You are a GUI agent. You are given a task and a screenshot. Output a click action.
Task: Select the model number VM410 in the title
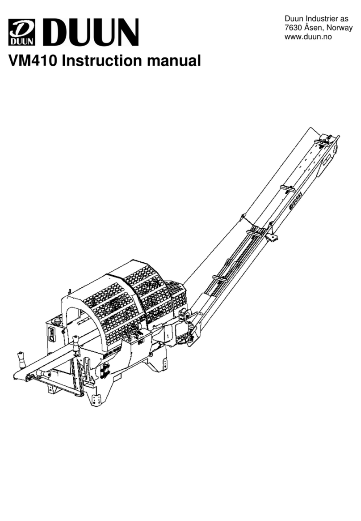(x=32, y=60)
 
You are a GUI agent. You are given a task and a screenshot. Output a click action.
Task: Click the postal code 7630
(x=293, y=28)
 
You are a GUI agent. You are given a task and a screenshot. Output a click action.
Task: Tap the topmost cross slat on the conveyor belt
(x=324, y=142)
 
